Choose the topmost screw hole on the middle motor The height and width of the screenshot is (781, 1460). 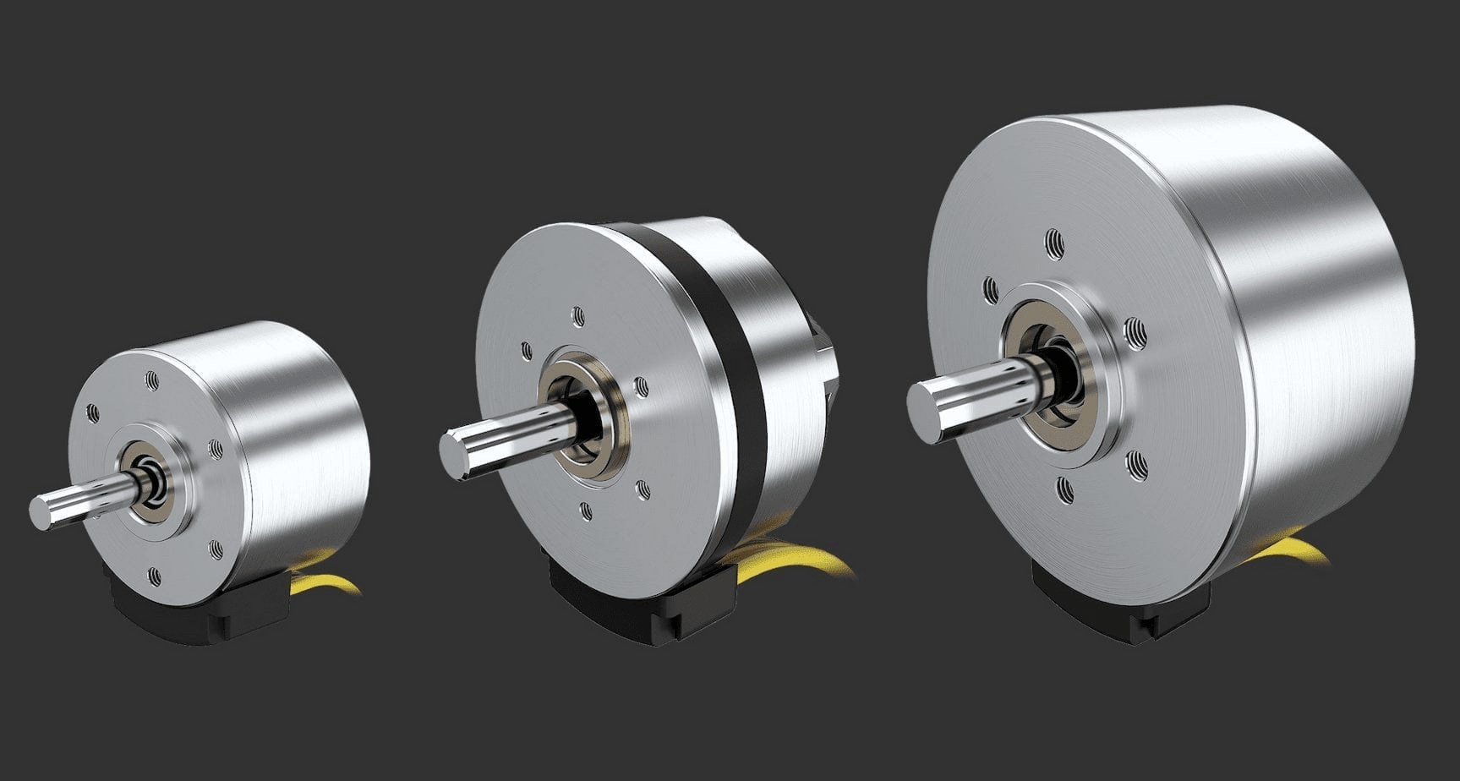[578, 316]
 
